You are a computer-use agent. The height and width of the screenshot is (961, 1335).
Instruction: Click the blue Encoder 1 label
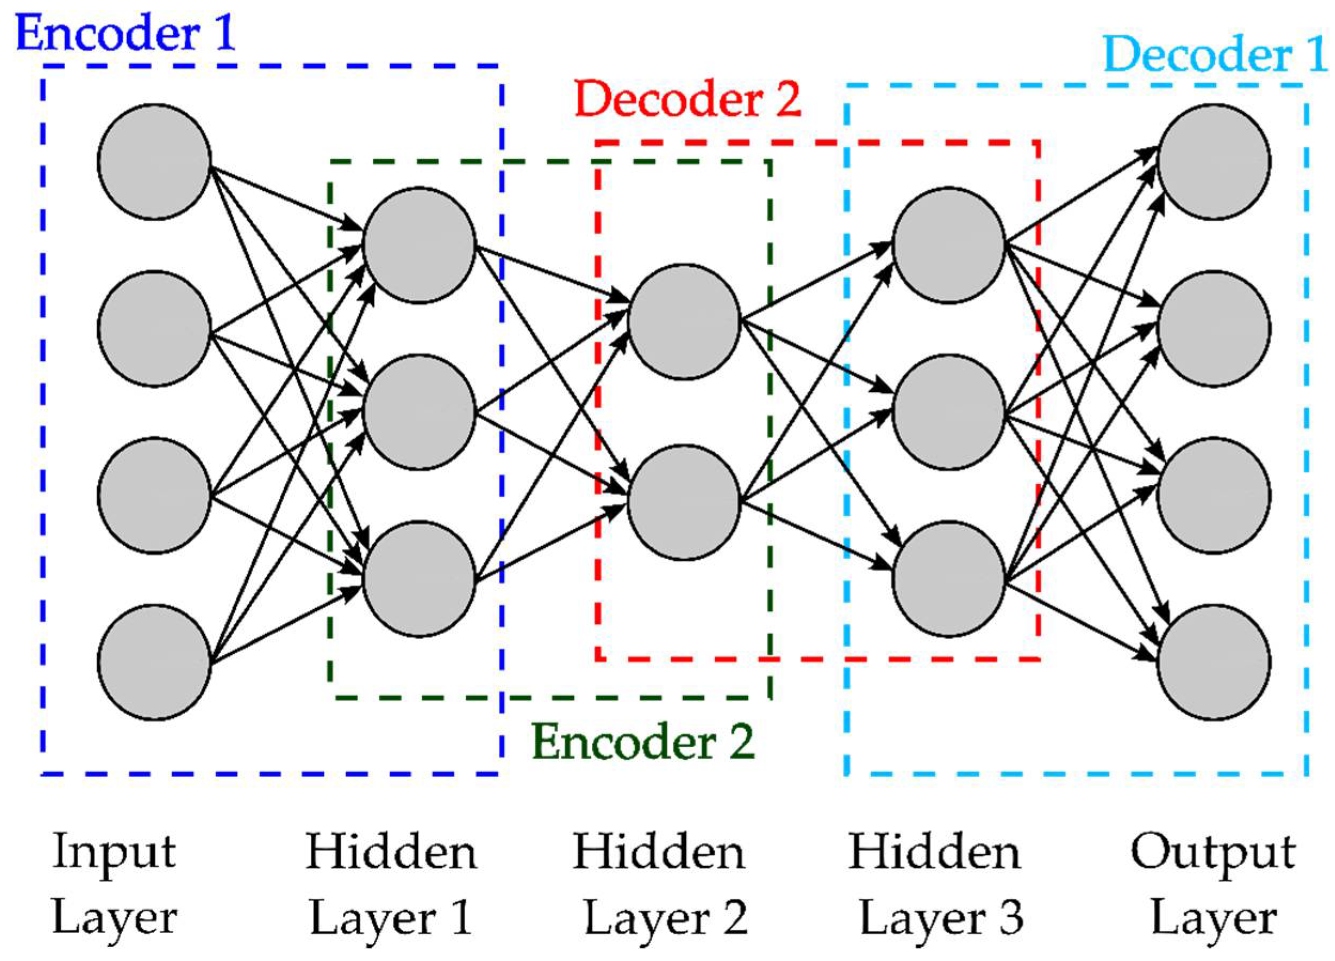pos(126,33)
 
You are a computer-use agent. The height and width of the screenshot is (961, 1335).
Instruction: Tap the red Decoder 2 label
pos(688,99)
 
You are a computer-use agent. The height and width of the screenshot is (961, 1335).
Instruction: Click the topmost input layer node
pos(154,162)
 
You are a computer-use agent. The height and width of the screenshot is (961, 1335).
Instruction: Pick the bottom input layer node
pos(154,662)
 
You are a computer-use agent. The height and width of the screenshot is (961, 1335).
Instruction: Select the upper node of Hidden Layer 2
pos(684,322)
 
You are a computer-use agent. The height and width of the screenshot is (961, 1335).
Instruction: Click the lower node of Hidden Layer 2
pos(684,502)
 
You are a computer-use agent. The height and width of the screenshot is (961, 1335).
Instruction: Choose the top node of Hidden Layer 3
pos(949,245)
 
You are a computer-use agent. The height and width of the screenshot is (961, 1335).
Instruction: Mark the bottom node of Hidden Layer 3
pos(949,579)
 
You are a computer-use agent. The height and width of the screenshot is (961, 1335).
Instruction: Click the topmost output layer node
pos(1214,162)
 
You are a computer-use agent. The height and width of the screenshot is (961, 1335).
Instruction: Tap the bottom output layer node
pos(1214,662)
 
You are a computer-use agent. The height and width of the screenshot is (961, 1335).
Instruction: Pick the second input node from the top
pos(154,329)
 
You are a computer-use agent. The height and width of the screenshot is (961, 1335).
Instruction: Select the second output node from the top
pos(1214,329)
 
